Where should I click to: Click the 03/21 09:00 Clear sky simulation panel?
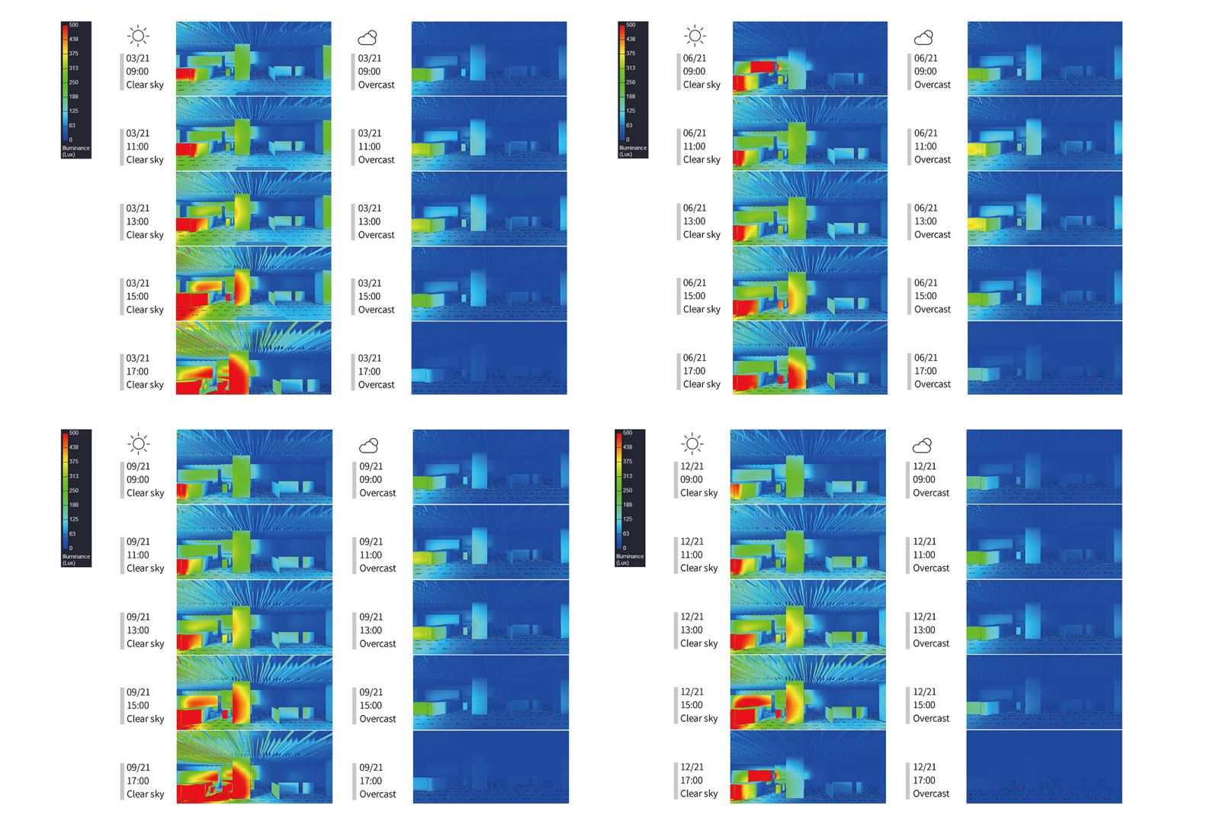click(253, 59)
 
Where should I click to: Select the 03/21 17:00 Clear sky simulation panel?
click(253, 358)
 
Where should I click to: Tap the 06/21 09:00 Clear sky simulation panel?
click(810, 59)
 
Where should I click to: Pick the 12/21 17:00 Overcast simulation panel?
click(1044, 767)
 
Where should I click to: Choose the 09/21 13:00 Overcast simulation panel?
click(490, 617)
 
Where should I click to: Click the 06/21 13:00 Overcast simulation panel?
click(1045, 208)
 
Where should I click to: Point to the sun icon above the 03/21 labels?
click(138, 36)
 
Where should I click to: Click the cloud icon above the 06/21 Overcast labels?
click(923, 37)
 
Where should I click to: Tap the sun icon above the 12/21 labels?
click(692, 443)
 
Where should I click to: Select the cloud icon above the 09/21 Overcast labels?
click(368, 445)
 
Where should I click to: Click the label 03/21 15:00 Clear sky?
click(144, 296)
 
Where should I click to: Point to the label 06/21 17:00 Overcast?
click(932, 371)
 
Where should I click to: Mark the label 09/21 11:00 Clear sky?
click(145, 555)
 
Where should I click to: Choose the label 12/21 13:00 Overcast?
click(930, 630)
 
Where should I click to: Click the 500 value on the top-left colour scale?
click(73, 25)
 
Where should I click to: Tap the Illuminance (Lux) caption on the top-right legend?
click(632, 151)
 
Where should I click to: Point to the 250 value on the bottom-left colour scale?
click(73, 491)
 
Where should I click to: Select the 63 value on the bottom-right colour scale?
click(626, 533)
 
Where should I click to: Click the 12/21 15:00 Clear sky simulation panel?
click(807, 692)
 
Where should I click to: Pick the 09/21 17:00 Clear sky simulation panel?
click(254, 767)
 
